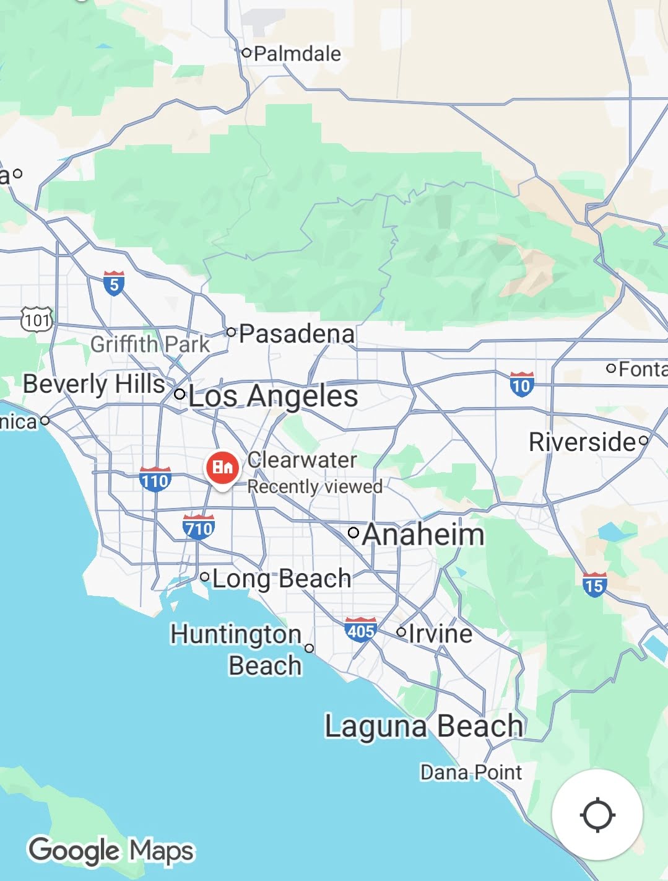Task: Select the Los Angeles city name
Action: tap(273, 396)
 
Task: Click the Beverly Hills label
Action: tap(94, 384)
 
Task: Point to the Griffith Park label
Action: tap(150, 344)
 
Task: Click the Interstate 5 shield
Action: tap(113, 283)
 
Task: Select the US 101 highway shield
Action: tap(37, 320)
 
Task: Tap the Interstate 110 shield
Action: tap(155, 480)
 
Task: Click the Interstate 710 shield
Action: tap(199, 527)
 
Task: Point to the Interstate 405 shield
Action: tap(360, 630)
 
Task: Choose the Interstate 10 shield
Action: tap(521, 385)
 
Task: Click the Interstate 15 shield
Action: tap(594, 584)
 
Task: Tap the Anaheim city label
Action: tap(423, 535)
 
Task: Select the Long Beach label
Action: tap(282, 579)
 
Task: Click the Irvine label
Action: tap(440, 633)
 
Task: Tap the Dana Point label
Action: tap(471, 773)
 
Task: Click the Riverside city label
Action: tap(582, 442)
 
